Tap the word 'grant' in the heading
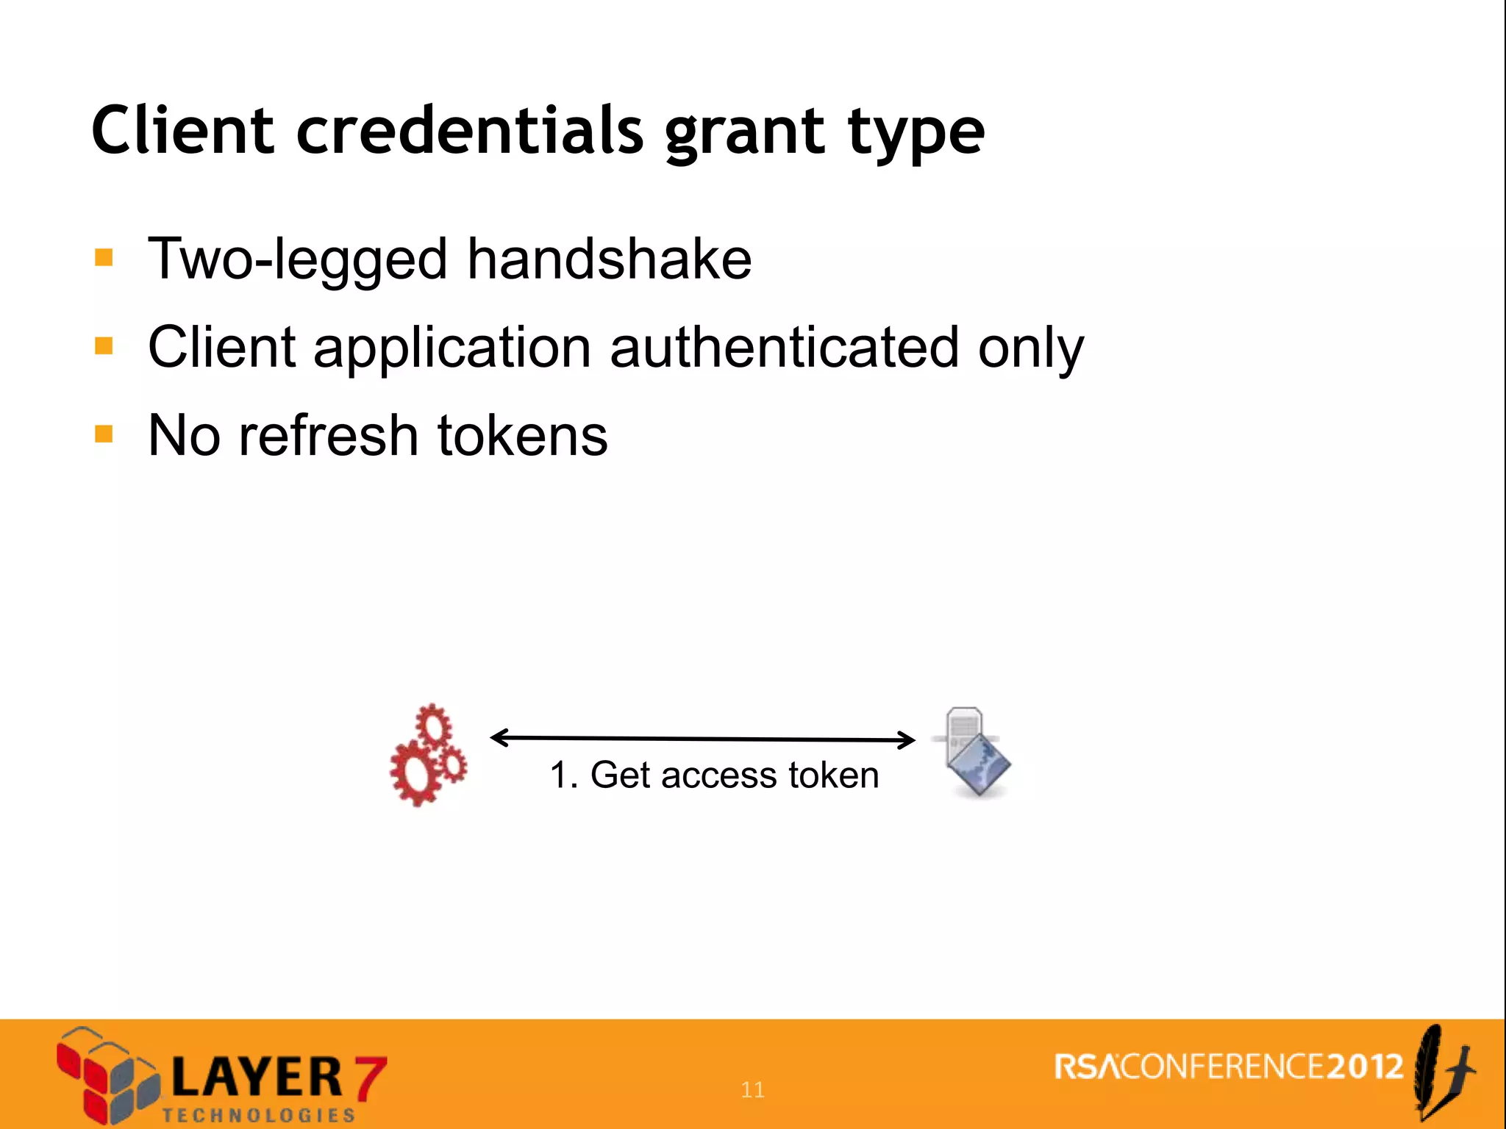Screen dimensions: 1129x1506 [x=744, y=134]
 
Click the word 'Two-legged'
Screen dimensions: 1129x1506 [x=298, y=260]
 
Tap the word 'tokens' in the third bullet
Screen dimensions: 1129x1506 [x=522, y=435]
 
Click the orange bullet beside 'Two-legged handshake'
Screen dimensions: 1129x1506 [x=104, y=257]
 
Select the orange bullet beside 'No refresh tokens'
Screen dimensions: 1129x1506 [x=104, y=434]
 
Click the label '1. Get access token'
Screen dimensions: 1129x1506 [x=714, y=775]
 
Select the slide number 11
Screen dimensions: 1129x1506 [x=752, y=1089]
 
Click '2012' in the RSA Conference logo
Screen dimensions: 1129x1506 [x=1365, y=1067]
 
